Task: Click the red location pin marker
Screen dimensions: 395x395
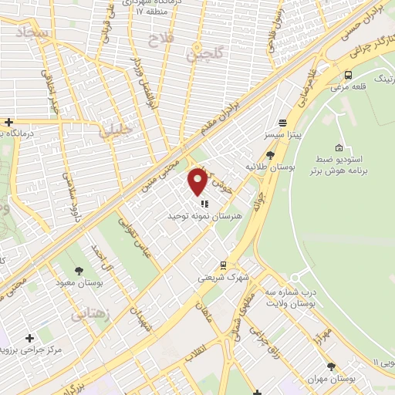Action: (197, 182)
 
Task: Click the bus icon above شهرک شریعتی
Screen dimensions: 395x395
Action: (223, 265)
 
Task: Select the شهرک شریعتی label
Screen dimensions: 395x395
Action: (222, 277)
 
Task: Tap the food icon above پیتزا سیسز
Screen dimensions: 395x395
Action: (283, 123)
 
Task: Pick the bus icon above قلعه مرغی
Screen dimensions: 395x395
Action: (349, 76)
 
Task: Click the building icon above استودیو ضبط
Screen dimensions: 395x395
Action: (339, 147)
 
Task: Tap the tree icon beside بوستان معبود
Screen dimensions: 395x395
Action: (79, 270)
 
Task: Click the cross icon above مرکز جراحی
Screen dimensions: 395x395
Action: (29, 338)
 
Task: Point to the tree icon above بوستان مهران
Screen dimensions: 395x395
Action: (331, 367)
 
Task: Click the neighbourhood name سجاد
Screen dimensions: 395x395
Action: (32, 32)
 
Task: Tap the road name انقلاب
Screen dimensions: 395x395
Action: (190, 349)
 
